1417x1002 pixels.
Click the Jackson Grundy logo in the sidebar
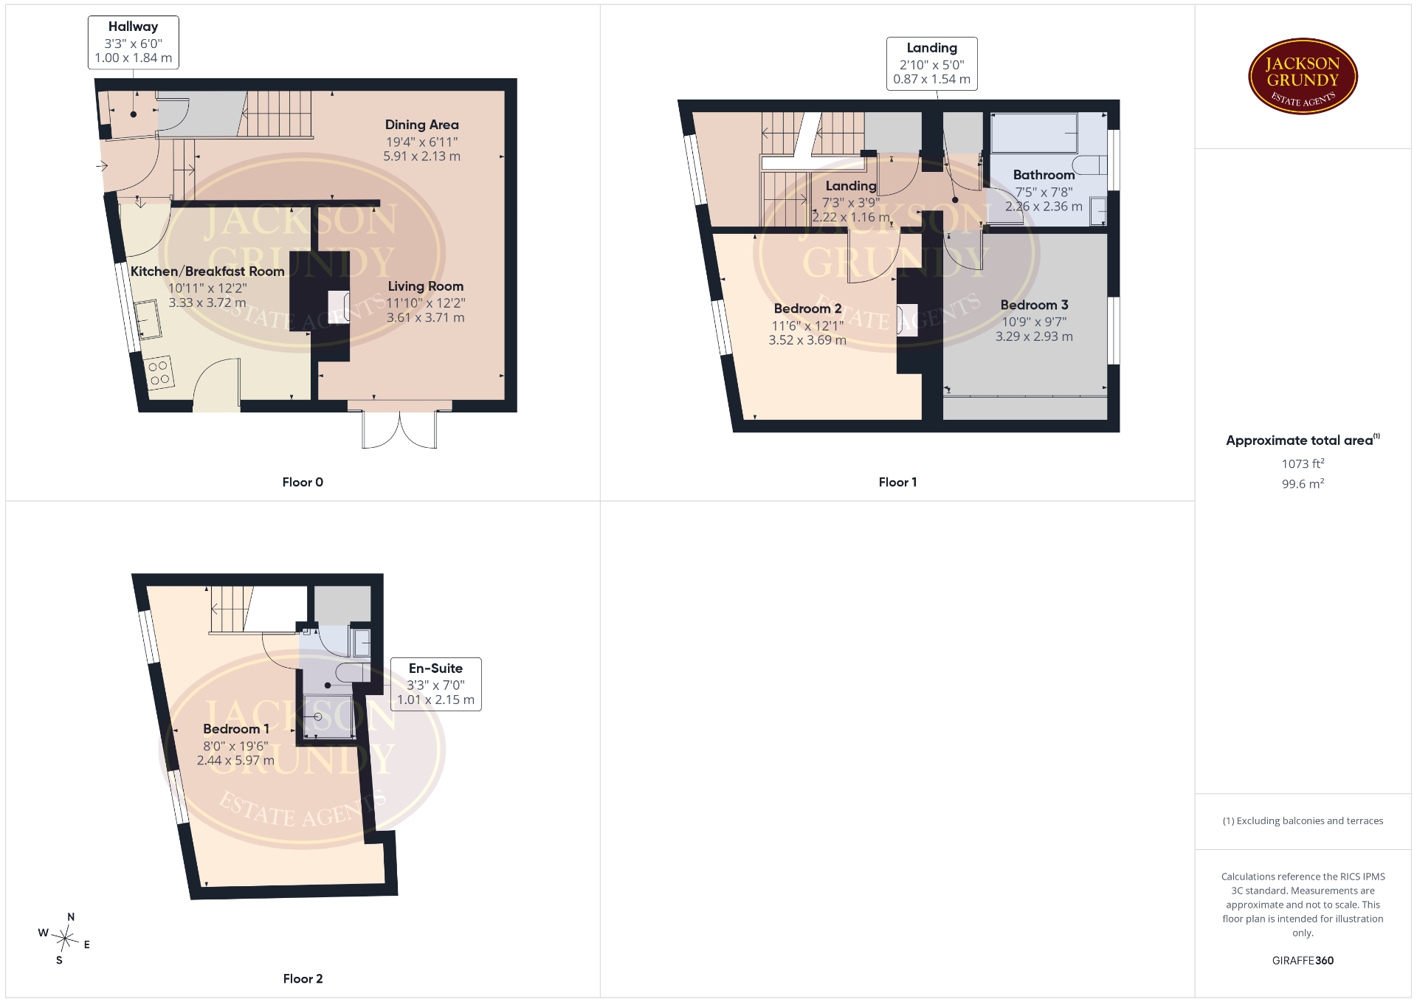tap(1303, 77)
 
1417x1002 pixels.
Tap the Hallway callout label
tap(133, 42)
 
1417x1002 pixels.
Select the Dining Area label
tap(421, 125)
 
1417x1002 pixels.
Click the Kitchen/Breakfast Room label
tap(207, 272)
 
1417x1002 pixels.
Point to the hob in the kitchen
tap(159, 373)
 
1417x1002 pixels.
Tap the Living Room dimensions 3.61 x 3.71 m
tap(426, 318)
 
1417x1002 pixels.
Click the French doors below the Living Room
tap(399, 428)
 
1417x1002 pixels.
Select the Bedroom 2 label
tap(807, 308)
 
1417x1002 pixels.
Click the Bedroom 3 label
tap(1034, 305)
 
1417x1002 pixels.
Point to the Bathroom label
tap(1044, 175)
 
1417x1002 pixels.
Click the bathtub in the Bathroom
tap(1034, 133)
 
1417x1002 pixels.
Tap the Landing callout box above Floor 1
tap(931, 63)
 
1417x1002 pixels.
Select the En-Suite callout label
tap(435, 684)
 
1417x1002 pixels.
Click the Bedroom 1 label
tap(235, 728)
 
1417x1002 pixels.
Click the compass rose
tap(66, 939)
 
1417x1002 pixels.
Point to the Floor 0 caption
tap(303, 482)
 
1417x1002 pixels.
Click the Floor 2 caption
tap(303, 978)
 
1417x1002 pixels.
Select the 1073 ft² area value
tap(1303, 463)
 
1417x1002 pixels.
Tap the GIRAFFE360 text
tap(1303, 961)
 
